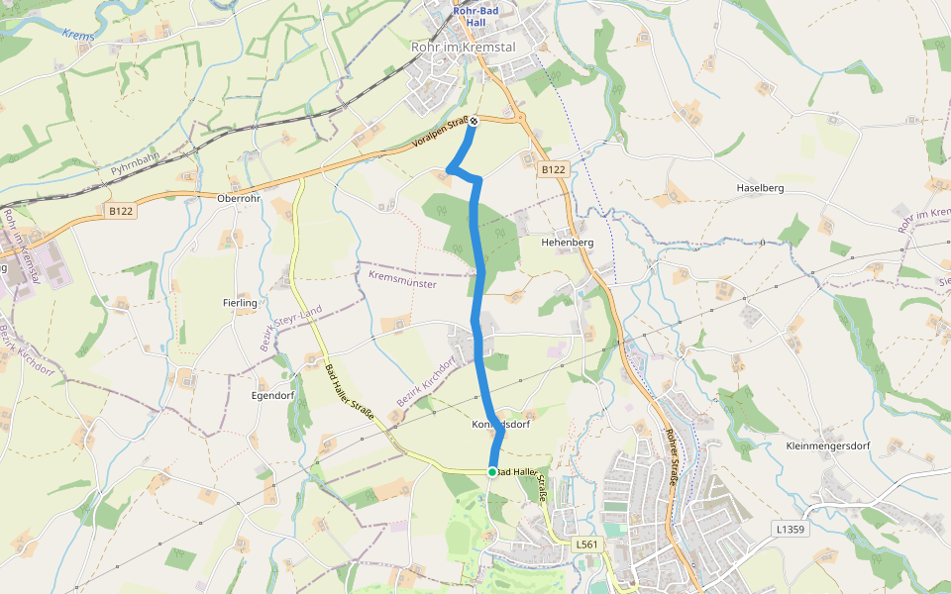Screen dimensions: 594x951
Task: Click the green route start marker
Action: coord(492,472)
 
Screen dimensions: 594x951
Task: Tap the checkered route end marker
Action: coord(474,121)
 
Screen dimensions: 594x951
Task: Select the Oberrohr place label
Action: coord(238,197)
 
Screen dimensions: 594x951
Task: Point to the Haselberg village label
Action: coord(761,188)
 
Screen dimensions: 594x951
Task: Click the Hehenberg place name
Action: coord(567,243)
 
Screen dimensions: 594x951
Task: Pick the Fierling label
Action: coord(241,303)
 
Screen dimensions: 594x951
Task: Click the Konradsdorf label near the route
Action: coord(501,425)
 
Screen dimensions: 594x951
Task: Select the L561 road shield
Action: coord(587,544)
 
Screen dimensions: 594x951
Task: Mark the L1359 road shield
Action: coord(790,530)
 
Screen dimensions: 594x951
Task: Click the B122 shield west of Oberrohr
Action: coord(121,211)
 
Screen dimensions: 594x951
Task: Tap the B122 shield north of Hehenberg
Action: coord(553,170)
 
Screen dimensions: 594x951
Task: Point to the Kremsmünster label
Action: coord(402,279)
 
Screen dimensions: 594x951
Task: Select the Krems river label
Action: coord(76,36)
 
